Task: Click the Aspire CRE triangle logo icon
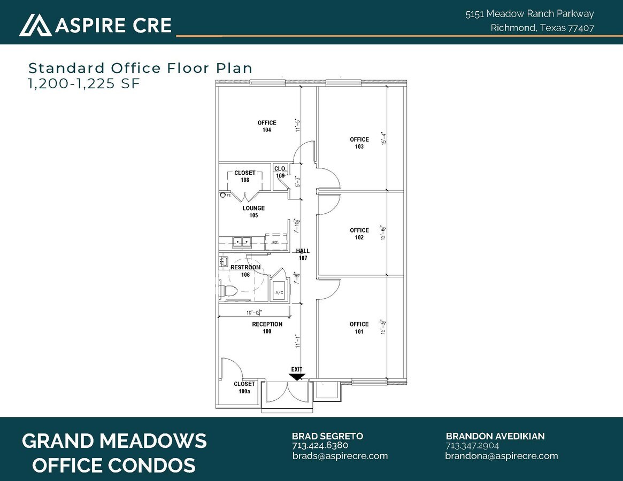(x=35, y=25)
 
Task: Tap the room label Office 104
(x=267, y=127)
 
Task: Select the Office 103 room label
(x=359, y=143)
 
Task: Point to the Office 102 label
(x=359, y=234)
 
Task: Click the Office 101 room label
(x=359, y=328)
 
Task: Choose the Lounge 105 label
(x=253, y=212)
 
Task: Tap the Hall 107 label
(x=303, y=254)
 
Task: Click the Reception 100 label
(x=267, y=328)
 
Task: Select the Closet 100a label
(x=244, y=387)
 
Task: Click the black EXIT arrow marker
(x=297, y=376)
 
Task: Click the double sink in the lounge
(x=242, y=242)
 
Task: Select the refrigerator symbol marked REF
(x=275, y=241)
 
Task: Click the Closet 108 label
(x=245, y=176)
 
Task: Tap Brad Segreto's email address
(x=340, y=456)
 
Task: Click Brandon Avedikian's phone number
(x=472, y=446)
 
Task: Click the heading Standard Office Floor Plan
(x=140, y=68)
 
